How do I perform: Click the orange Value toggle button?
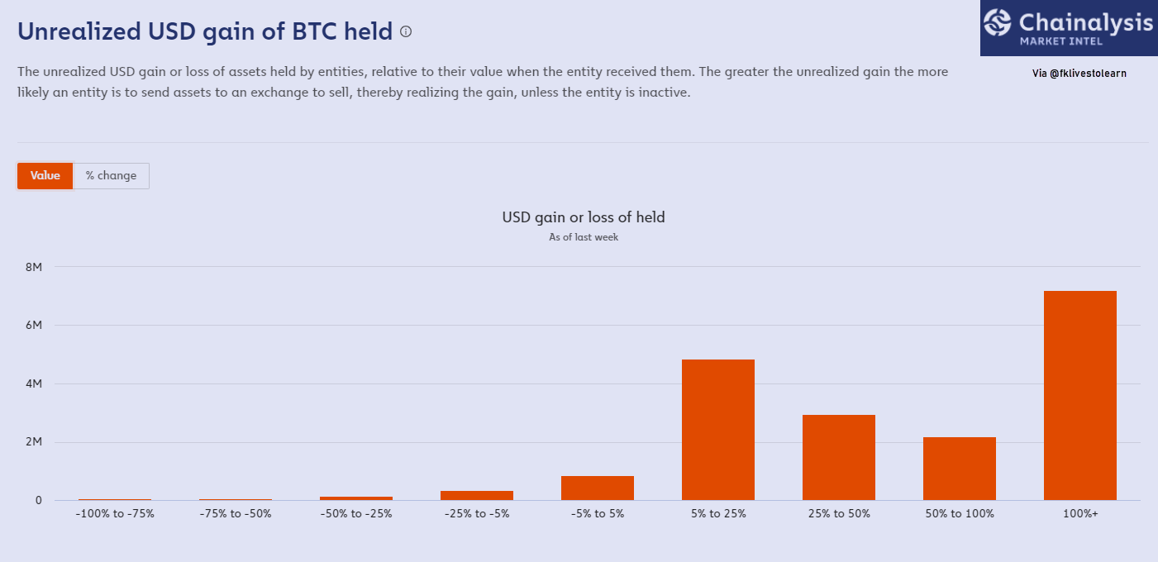pos(45,176)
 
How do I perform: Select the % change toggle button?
pos(111,176)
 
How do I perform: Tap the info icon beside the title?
pos(406,32)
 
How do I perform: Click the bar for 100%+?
pos(1080,396)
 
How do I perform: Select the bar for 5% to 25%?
pos(718,430)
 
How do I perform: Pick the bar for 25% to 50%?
pos(838,458)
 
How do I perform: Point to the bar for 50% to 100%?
pos(960,469)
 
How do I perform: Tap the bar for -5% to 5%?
pos(597,488)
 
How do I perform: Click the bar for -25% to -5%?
pos(477,496)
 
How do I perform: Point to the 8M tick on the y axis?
pos(34,267)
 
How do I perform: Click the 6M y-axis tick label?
pos(34,325)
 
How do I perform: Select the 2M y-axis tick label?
pos(34,442)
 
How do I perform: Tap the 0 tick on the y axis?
pos(38,501)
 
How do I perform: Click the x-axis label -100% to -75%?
pos(115,514)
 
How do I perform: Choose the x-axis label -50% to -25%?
pos(356,514)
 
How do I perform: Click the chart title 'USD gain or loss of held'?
pos(584,217)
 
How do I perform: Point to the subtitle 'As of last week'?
pos(584,237)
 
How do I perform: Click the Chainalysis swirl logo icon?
pos(997,23)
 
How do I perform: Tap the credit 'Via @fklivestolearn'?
pos(1079,74)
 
